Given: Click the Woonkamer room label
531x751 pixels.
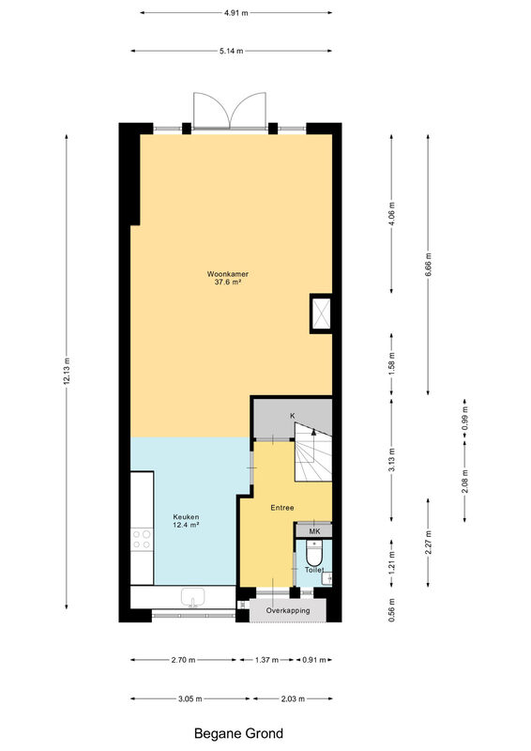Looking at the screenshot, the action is [227, 274].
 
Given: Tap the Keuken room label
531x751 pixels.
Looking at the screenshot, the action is [186, 517].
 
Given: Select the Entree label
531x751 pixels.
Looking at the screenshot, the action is [282, 508].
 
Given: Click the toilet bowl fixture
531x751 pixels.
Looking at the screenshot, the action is [314, 553].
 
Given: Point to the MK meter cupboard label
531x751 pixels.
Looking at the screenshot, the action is [314, 531].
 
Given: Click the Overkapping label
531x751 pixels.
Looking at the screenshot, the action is [288, 611].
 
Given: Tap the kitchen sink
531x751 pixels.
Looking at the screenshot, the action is [192, 598].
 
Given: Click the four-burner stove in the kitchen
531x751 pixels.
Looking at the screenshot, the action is [142, 539].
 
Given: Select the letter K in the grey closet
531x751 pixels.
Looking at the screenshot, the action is [293, 416].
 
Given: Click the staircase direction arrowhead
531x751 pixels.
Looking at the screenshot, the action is [313, 432].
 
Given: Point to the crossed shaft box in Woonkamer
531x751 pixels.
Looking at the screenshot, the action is [321, 314].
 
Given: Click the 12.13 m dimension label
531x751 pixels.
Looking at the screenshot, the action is [67, 371].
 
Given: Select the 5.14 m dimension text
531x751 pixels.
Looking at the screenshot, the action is [232, 52].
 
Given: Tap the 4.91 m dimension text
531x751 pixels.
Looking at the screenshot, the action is [236, 13].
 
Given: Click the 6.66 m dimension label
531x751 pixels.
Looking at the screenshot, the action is [429, 265].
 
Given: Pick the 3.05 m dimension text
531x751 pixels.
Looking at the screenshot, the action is [190, 698].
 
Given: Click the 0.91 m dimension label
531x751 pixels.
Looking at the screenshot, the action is [313, 660].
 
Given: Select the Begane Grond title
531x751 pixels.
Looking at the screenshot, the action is [238, 733].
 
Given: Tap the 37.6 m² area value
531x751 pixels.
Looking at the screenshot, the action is [227, 283].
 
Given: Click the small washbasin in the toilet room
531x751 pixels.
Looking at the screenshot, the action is [327, 578].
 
